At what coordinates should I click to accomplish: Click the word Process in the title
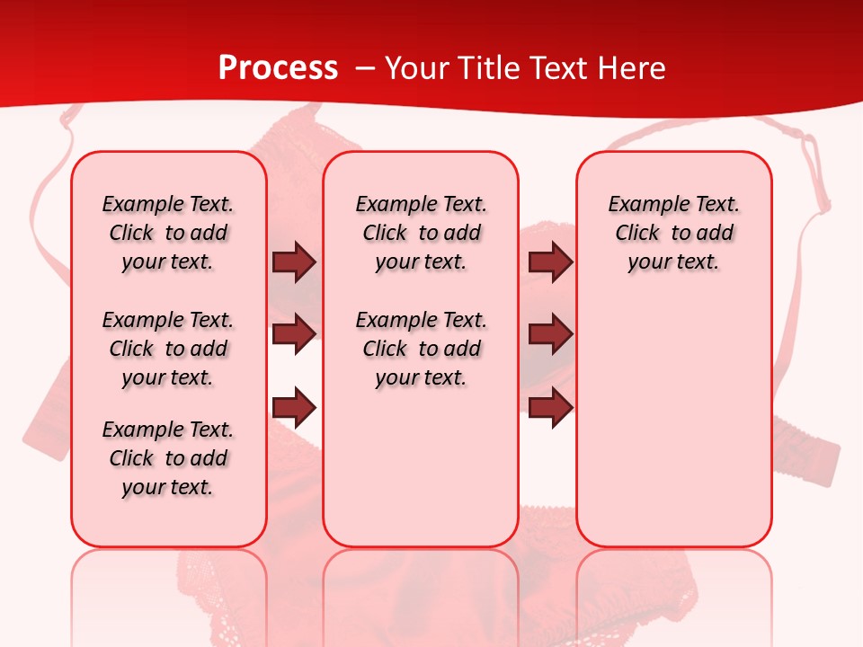(278, 68)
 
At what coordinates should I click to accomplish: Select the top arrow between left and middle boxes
(294, 261)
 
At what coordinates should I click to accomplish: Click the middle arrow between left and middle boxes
(294, 334)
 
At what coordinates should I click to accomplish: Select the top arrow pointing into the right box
(550, 261)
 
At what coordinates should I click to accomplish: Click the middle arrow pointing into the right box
(550, 334)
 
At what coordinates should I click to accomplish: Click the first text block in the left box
(168, 233)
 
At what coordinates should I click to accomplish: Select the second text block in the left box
(168, 349)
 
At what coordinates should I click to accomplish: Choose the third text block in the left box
(168, 458)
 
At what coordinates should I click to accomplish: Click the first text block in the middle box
(421, 233)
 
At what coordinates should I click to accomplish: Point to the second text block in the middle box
(421, 349)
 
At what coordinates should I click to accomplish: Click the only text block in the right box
(673, 233)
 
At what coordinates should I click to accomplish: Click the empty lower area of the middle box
(421, 467)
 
